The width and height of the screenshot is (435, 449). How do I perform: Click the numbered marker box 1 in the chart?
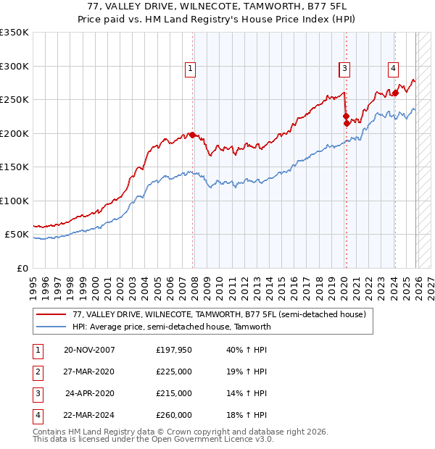click(x=190, y=69)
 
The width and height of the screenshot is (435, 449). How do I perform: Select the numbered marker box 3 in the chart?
click(x=344, y=69)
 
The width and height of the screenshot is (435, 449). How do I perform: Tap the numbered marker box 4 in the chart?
click(x=393, y=69)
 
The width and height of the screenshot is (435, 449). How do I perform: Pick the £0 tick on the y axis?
click(x=21, y=268)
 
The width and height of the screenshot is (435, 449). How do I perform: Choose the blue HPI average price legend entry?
click(x=171, y=327)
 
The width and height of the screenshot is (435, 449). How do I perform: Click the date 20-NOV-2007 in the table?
click(x=89, y=350)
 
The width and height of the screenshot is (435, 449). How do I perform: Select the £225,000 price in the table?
click(x=174, y=372)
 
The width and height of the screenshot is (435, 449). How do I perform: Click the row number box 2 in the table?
click(x=36, y=372)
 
